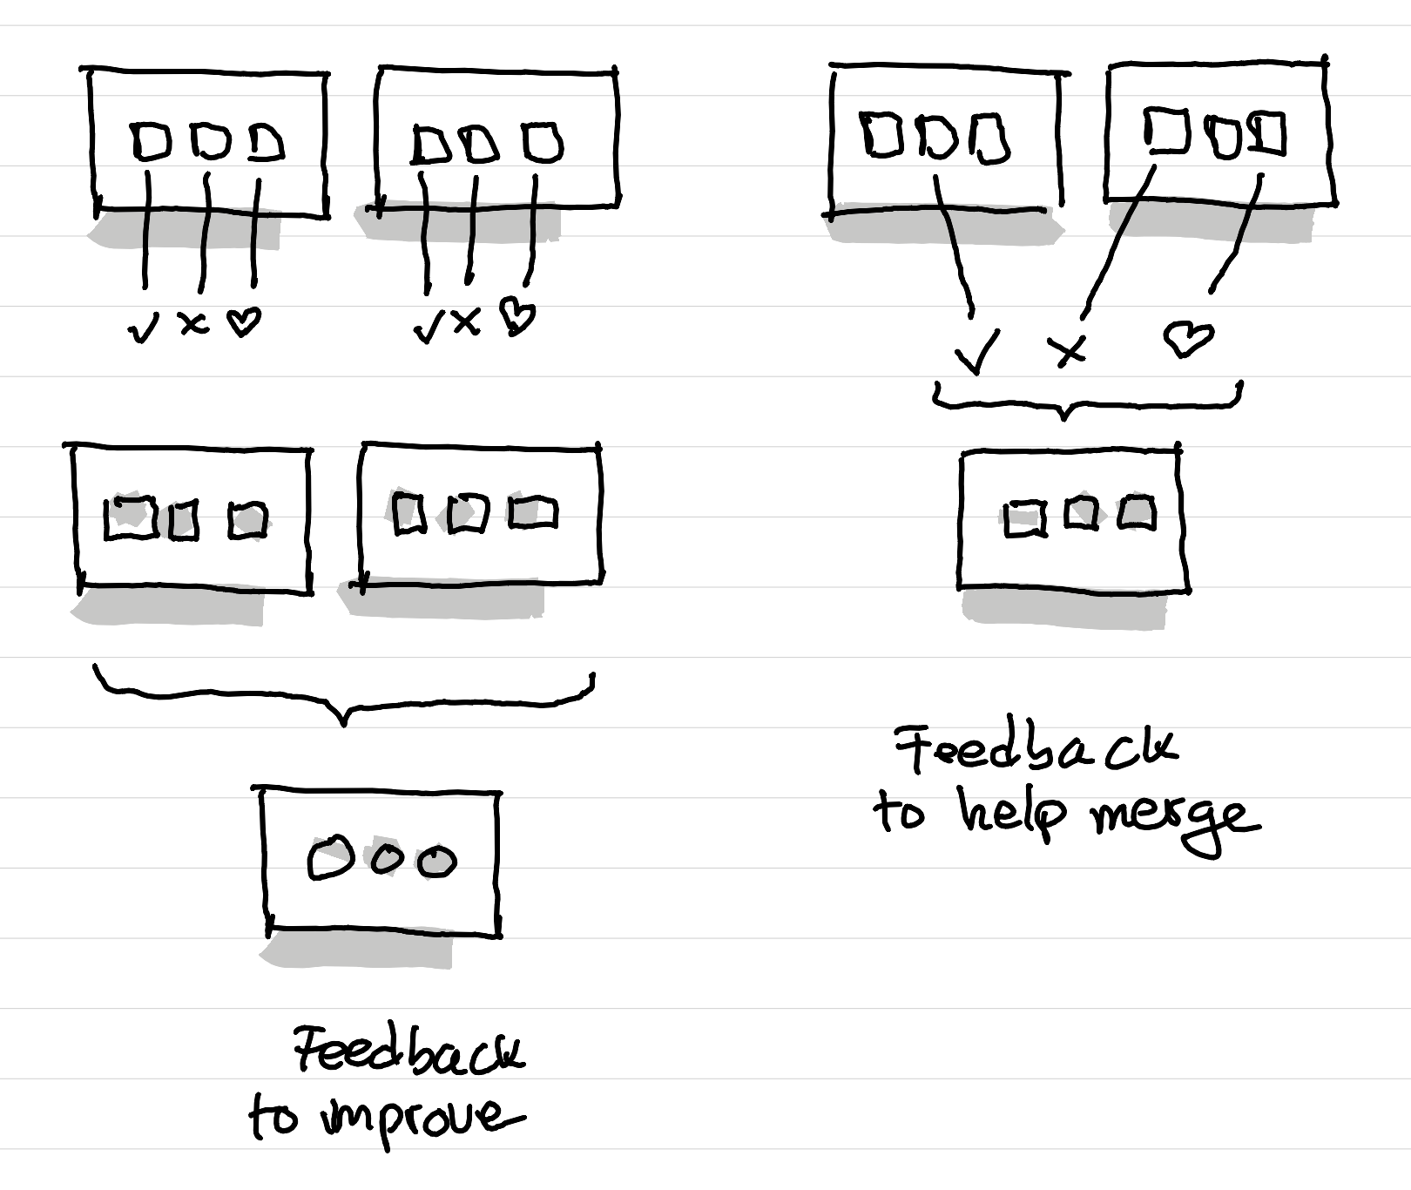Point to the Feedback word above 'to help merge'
coord(1036,749)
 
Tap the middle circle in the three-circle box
coord(388,859)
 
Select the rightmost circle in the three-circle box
coord(436,862)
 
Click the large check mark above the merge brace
coord(977,353)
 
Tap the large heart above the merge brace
coord(1188,337)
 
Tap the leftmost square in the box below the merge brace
coord(1023,519)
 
